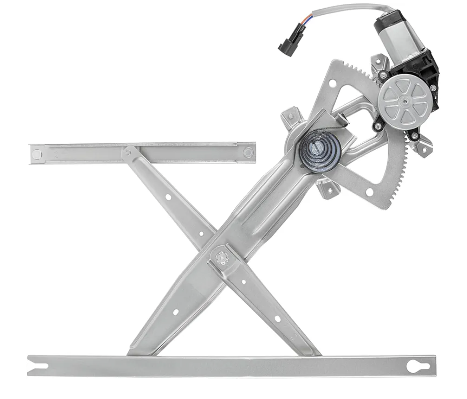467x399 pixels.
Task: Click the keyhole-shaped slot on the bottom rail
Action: [417, 366]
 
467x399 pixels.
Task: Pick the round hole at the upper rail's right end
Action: [248, 152]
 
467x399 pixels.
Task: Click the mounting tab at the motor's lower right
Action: [422, 145]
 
